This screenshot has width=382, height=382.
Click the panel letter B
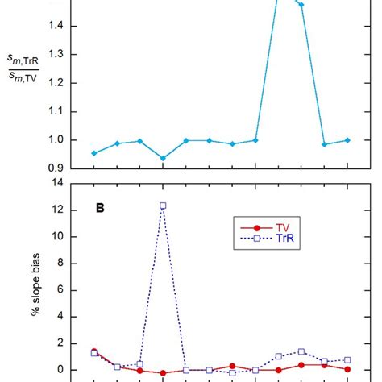click(100, 206)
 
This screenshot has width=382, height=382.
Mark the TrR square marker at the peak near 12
click(163, 206)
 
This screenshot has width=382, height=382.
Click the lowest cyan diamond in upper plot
click(163, 159)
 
